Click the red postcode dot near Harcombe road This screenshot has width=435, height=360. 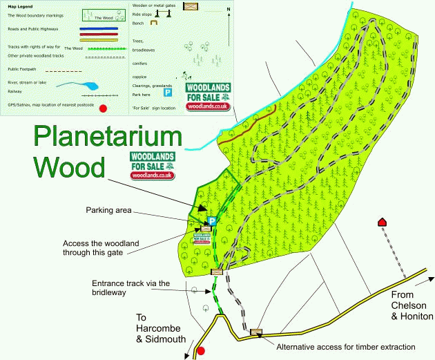click(201, 350)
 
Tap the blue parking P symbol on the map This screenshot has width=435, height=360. click(213, 221)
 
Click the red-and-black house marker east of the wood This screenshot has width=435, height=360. click(380, 222)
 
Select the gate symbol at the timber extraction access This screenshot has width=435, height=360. click(256, 332)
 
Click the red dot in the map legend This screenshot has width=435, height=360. click(103, 108)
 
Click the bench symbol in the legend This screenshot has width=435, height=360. click(155, 23)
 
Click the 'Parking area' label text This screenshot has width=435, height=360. click(108, 209)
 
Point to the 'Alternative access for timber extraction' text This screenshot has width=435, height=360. click(345, 346)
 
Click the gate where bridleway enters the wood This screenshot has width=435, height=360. click(217, 272)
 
